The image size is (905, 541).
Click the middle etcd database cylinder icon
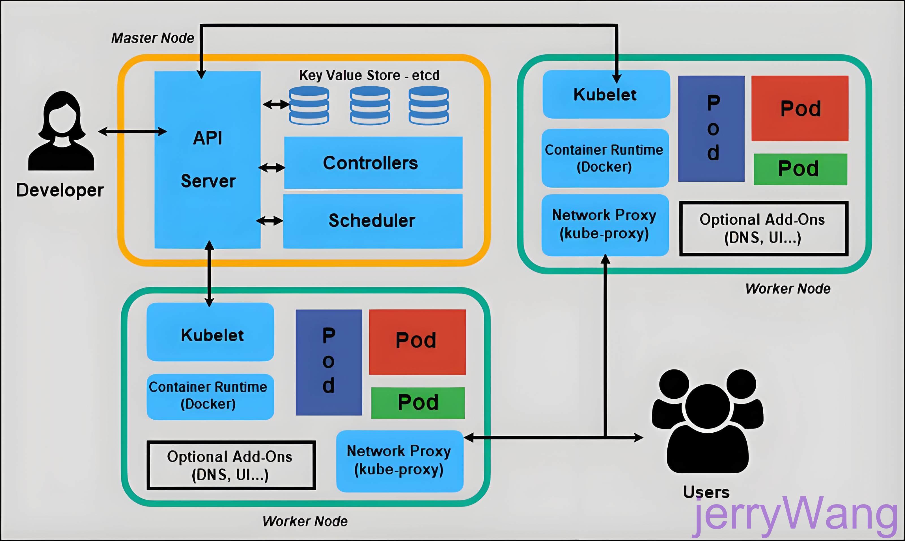(370, 106)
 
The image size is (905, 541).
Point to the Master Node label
(153, 38)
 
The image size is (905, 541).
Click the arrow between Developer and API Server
(133, 131)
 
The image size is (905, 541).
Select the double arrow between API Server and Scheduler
(270, 220)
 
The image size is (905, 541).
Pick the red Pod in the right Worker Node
(800, 108)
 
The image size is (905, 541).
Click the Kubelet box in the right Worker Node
(606, 95)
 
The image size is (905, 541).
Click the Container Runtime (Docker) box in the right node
(605, 158)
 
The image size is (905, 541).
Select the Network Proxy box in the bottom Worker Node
(399, 461)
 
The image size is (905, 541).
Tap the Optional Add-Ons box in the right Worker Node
(763, 229)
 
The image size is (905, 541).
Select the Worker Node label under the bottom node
(305, 521)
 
